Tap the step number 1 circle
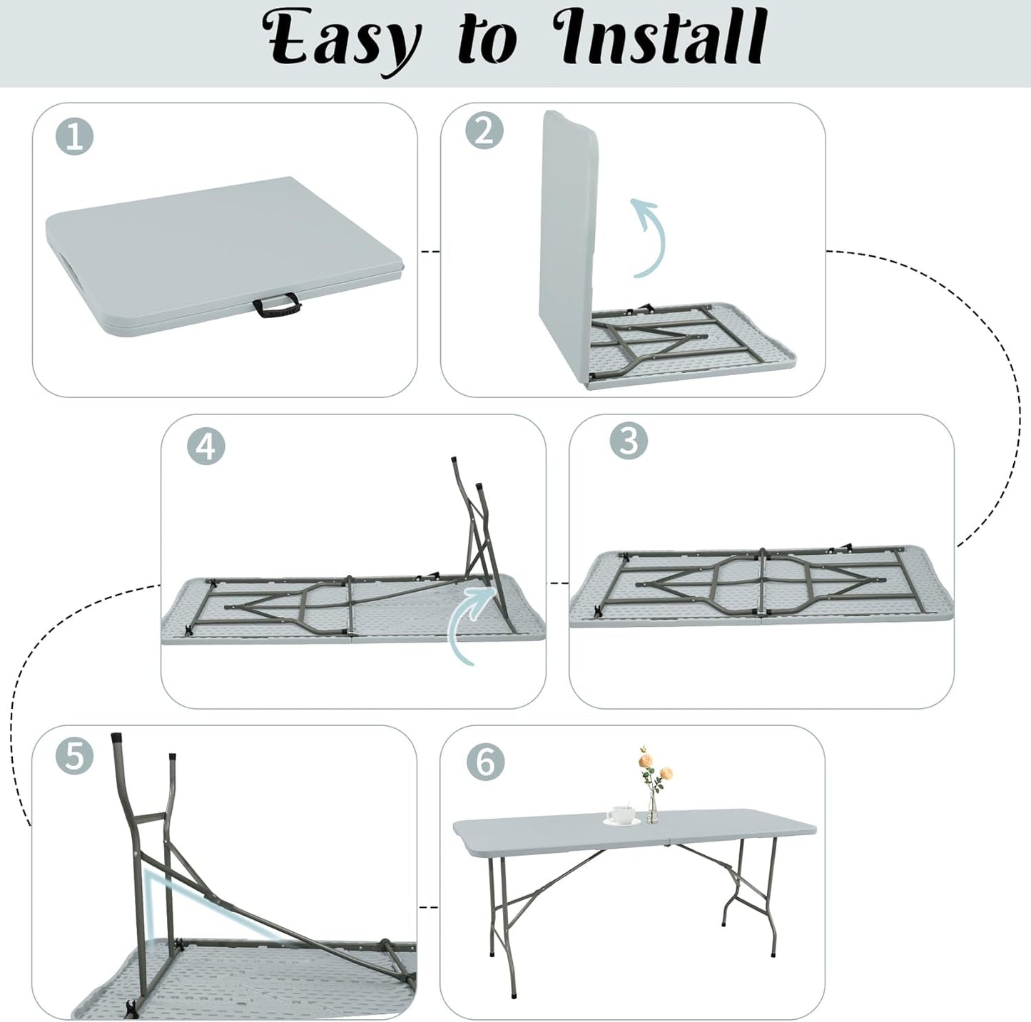(x=75, y=136)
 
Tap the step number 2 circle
(x=484, y=131)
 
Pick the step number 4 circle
(x=205, y=446)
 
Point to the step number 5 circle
(x=75, y=756)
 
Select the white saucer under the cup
(x=621, y=822)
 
